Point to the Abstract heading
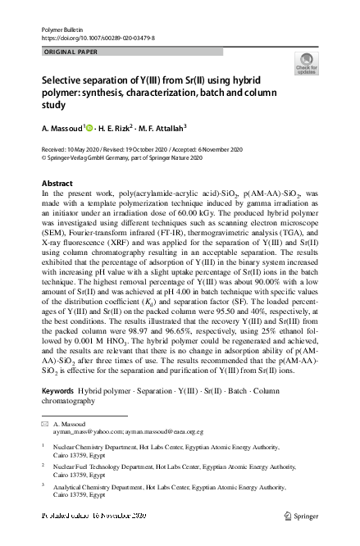[x=57, y=182]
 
